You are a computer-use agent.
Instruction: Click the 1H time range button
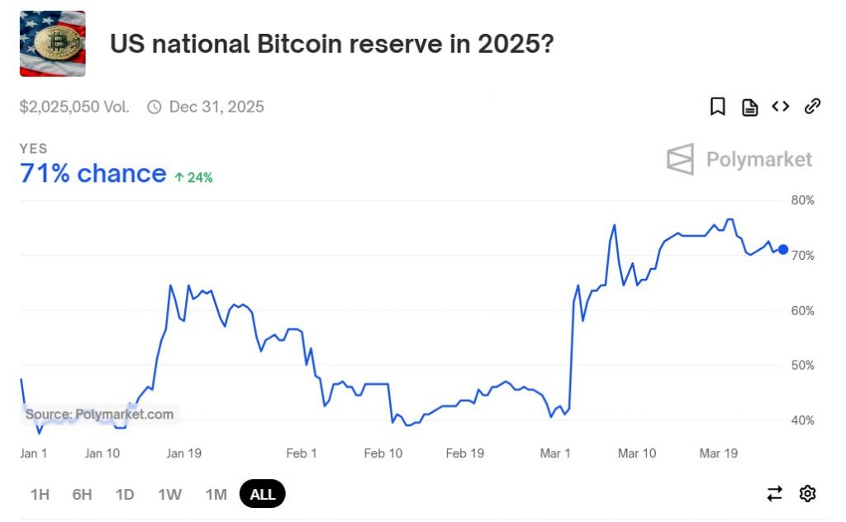(40, 495)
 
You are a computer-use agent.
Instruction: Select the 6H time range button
(82, 495)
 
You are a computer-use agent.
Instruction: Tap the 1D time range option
(125, 495)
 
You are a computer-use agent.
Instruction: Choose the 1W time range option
(169, 495)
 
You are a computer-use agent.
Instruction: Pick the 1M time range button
(216, 495)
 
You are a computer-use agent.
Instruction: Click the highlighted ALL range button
(262, 495)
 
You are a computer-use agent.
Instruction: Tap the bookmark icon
(717, 107)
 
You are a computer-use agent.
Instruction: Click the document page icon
(749, 107)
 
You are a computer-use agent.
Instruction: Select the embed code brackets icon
(780, 106)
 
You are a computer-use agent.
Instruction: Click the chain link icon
(812, 106)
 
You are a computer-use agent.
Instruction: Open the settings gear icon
(807, 494)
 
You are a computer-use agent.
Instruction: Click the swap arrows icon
(774, 494)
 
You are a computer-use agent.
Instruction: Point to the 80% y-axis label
(803, 200)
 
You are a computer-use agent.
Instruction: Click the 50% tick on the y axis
(803, 365)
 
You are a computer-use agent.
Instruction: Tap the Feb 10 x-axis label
(383, 453)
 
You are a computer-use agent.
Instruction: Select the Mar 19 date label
(719, 453)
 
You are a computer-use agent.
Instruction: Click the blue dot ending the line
(783, 250)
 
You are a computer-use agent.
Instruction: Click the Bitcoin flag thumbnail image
(52, 44)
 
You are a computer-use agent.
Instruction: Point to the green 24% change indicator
(193, 177)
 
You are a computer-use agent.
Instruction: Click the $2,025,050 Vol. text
(74, 107)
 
